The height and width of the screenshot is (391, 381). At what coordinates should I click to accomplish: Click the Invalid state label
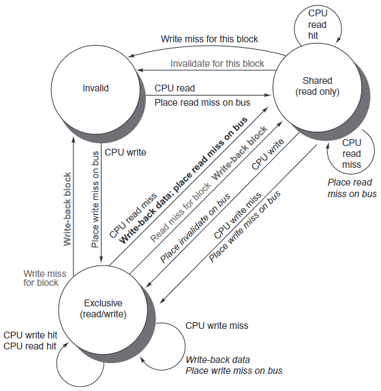tap(95, 88)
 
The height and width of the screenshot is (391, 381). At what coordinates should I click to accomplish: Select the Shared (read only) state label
tap(317, 86)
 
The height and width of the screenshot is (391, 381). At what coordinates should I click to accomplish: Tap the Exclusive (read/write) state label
tap(103, 308)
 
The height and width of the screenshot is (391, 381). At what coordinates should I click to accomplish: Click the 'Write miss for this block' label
tap(209, 39)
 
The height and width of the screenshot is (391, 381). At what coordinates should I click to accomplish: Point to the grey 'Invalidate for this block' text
tap(217, 63)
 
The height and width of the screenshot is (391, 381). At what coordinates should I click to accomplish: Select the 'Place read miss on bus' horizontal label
tap(202, 102)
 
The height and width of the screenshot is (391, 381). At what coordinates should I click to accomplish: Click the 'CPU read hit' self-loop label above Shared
tap(317, 25)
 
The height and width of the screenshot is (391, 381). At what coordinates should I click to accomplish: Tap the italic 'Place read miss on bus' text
tap(352, 188)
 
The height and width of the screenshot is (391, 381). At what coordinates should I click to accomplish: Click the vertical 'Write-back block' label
tap(67, 209)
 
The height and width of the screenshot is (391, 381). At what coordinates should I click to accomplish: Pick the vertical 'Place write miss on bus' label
tap(95, 199)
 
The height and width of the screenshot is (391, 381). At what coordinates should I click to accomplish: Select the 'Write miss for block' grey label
tap(45, 278)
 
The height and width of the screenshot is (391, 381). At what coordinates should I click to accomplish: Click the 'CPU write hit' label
tap(31, 335)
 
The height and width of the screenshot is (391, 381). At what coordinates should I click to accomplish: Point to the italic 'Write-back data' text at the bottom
tap(217, 360)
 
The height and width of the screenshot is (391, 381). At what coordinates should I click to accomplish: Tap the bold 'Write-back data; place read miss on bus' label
tap(183, 180)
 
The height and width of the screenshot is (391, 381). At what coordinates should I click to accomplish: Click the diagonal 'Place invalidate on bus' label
tap(195, 228)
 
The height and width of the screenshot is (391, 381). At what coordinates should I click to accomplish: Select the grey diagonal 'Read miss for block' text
tap(181, 212)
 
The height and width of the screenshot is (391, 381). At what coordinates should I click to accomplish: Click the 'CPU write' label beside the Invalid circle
tap(125, 152)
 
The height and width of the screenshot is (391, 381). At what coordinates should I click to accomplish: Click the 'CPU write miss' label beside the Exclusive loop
tap(217, 325)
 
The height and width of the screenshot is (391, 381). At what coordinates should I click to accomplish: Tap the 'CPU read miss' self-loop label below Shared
tap(352, 154)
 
